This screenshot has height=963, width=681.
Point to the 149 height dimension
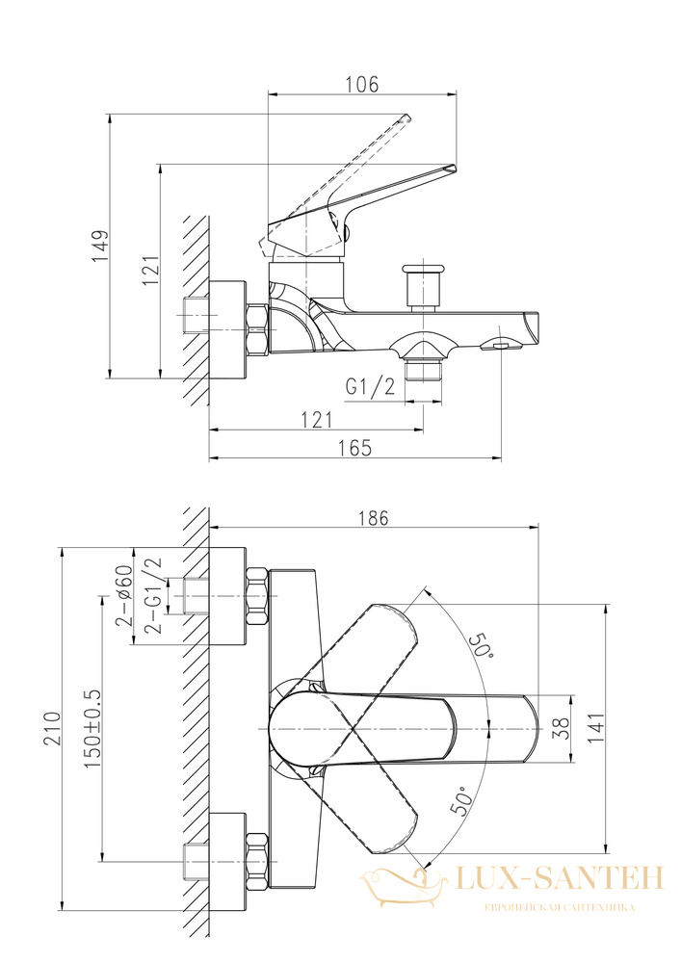point(99,247)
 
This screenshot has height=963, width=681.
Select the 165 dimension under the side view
point(355,448)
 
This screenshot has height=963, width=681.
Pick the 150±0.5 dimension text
point(92,729)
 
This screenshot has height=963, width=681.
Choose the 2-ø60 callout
point(124,594)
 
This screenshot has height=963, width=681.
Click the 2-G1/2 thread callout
point(151,594)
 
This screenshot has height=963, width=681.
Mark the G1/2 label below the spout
point(370,387)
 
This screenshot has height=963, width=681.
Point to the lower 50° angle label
point(461,801)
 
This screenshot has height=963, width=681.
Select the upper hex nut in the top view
point(257,597)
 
